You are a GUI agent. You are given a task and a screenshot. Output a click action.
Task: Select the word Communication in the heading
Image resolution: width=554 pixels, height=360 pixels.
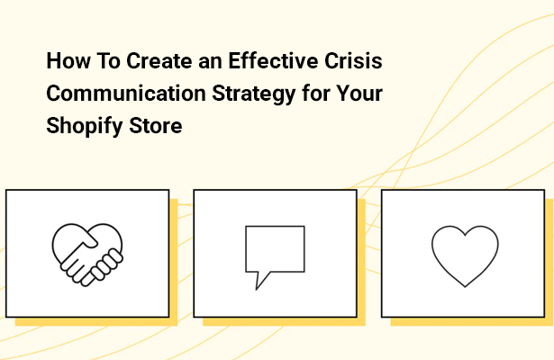(x=111, y=95)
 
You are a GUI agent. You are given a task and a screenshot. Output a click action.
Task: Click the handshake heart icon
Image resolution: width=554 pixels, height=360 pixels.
(x=86, y=253)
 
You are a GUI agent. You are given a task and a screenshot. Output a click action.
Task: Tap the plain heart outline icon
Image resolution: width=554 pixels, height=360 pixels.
(x=463, y=255)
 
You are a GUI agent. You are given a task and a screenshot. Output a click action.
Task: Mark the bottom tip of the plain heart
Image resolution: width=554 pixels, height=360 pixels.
(x=463, y=285)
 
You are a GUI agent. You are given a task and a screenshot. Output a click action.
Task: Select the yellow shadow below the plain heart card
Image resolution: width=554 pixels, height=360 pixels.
(x=468, y=321)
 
